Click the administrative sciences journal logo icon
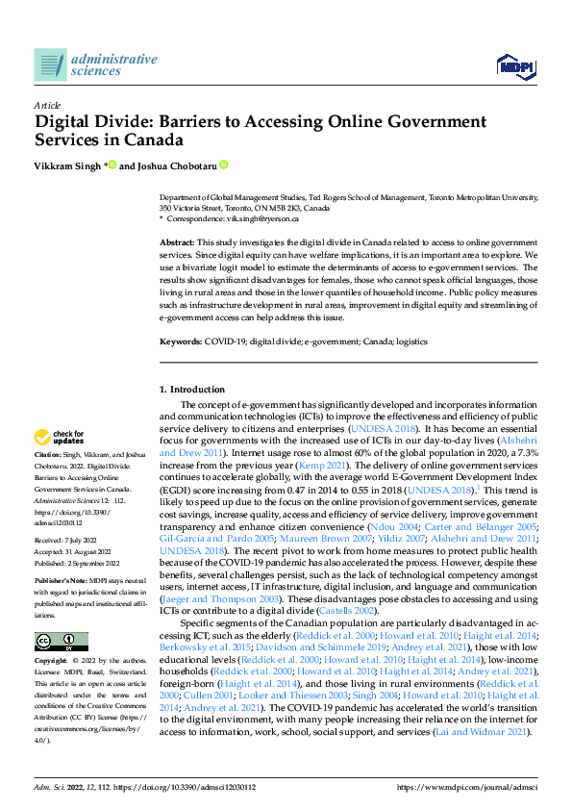(50, 64)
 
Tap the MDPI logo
(514, 64)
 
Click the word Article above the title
(47, 105)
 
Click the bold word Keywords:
(180, 342)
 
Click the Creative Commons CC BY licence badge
(62, 616)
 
